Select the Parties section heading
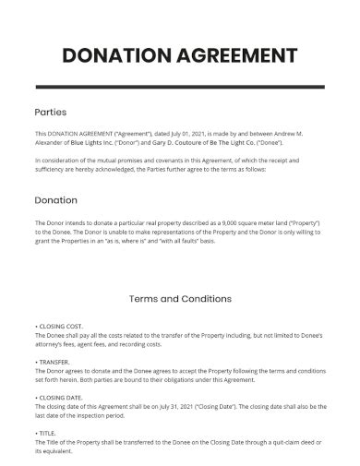50,112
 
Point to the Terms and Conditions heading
180,299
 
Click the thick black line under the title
180,86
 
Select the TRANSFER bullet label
55,362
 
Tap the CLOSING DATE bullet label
63,397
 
